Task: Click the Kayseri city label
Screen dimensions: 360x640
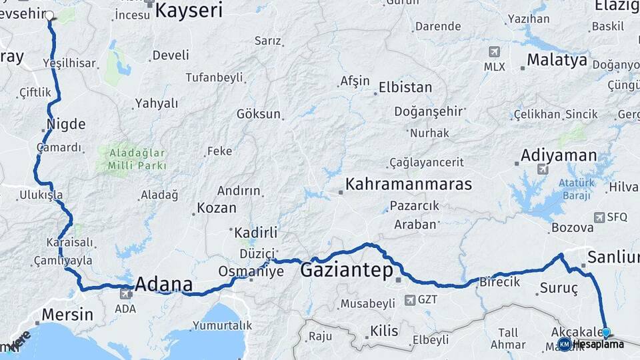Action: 189,9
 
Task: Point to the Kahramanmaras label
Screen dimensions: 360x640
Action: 409,184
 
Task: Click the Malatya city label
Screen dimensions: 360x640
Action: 557,61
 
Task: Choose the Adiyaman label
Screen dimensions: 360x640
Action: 559,155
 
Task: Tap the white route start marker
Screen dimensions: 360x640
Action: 49,14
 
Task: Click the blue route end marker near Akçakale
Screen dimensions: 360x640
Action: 606,331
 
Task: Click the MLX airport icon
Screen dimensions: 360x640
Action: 494,52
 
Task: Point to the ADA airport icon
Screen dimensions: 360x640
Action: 125,293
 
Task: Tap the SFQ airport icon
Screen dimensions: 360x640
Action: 599,217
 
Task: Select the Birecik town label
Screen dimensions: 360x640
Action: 499,282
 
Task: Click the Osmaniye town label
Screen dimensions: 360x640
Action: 251,271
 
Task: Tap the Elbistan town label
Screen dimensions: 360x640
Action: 405,87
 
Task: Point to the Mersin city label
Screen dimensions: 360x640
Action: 67,314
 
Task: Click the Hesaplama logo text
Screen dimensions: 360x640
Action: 599,344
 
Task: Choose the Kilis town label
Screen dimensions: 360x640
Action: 384,331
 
